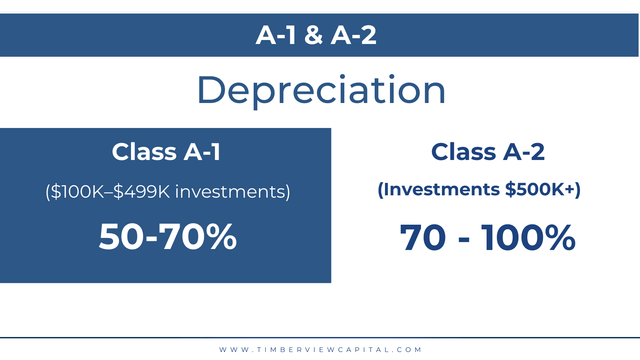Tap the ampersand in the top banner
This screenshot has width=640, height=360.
pos(314,35)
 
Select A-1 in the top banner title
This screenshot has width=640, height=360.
pos(276,35)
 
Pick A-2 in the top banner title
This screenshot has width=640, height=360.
pos(354,35)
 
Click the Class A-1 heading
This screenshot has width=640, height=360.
pos(166,152)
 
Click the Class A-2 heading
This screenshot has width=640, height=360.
pos(488,152)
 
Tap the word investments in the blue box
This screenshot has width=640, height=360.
pos(230,192)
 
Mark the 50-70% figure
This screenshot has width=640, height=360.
pos(168,236)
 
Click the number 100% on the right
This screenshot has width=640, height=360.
pos(528,237)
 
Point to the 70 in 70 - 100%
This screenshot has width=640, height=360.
pos(423,237)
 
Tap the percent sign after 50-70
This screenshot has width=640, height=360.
pos(221,236)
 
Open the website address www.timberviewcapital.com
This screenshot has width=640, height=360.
pos(320,350)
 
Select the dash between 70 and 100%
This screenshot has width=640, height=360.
pos(464,239)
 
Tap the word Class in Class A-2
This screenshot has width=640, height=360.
pos(464,152)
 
